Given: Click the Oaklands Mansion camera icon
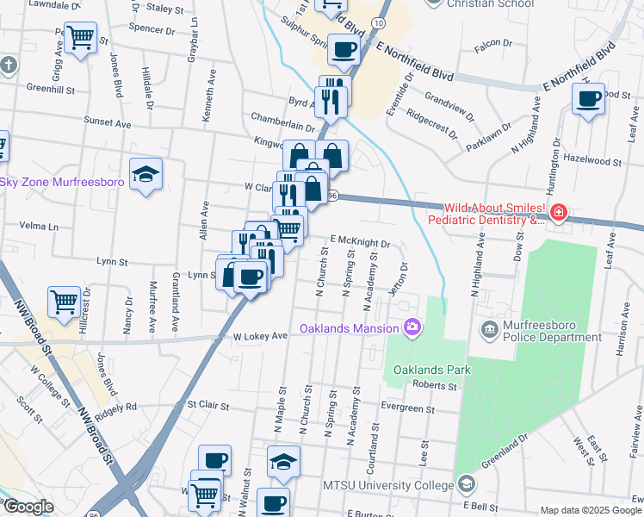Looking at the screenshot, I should [412, 327].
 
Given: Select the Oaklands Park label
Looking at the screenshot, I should [424, 370].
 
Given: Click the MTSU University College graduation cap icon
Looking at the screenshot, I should [466, 485].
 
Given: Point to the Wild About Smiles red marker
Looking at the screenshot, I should [558, 212].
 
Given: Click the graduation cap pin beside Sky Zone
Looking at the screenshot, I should [146, 175].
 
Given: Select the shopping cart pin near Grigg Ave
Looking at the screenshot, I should [80, 38].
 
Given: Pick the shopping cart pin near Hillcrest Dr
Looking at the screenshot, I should [64, 302].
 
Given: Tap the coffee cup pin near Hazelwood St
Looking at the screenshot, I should [590, 99].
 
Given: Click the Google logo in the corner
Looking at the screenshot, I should [28, 507].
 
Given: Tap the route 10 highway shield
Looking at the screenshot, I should [379, 19].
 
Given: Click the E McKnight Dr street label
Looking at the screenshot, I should [361, 243].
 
